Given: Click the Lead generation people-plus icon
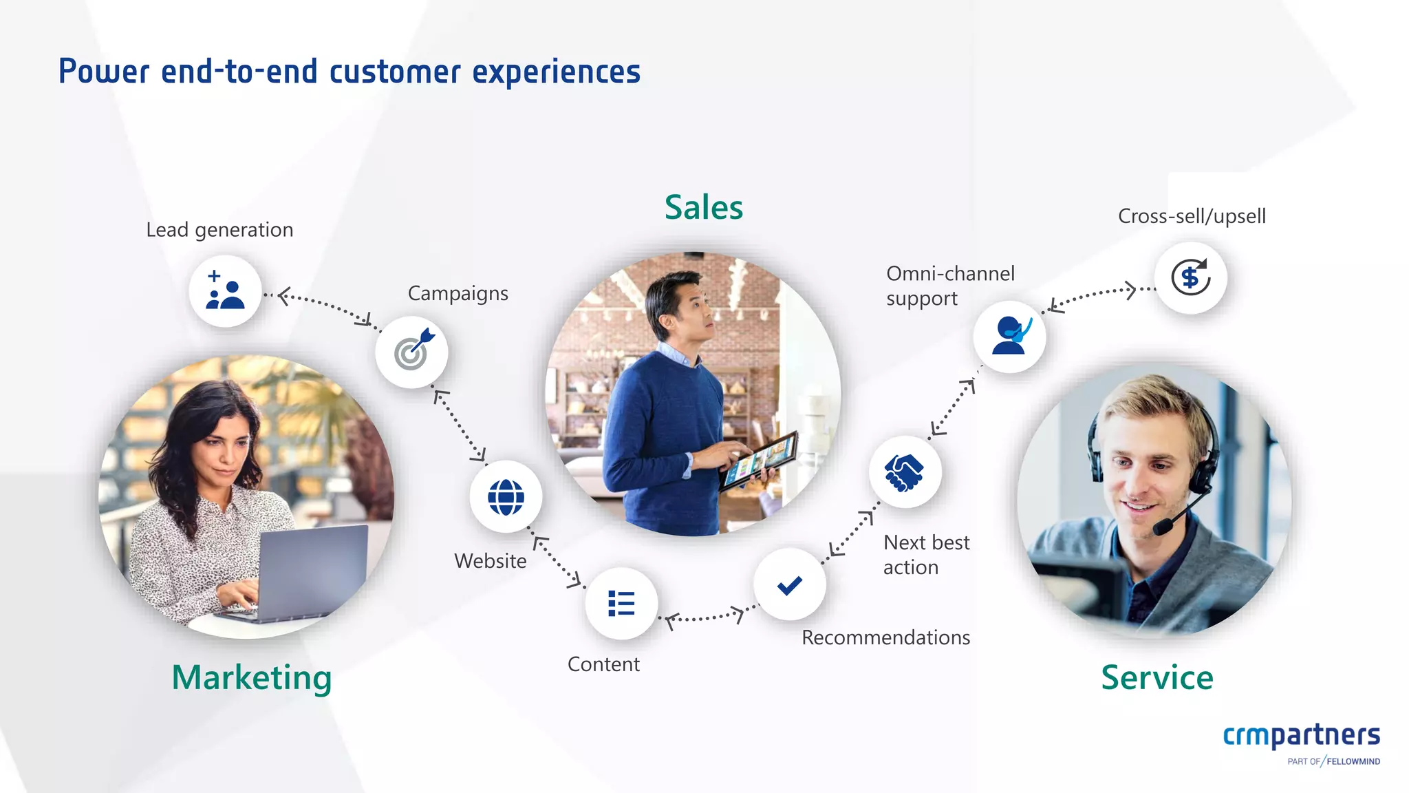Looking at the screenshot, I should pyautogui.click(x=225, y=290).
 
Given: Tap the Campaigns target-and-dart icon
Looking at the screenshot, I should pyautogui.click(x=411, y=352).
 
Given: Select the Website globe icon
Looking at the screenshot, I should pyautogui.click(x=506, y=496).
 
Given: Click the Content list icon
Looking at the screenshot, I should pyautogui.click(x=621, y=604).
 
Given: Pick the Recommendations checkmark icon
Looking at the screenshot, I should pyautogui.click(x=789, y=584).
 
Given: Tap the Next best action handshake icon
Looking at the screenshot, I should pyautogui.click(x=905, y=472).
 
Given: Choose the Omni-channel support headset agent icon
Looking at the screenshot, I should pyautogui.click(x=1009, y=337).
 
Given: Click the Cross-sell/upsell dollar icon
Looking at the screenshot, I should pyautogui.click(x=1190, y=277).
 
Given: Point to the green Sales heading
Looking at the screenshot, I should pyautogui.click(x=703, y=207).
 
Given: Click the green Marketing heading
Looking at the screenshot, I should pyautogui.click(x=252, y=677).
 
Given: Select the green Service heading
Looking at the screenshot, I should pyautogui.click(x=1157, y=677).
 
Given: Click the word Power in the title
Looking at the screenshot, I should pyautogui.click(x=103, y=72).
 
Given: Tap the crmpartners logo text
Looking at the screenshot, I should pyautogui.click(x=1301, y=735).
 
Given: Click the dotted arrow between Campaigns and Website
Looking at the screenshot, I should pyautogui.click(x=460, y=425).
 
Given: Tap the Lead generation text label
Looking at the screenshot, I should pyautogui.click(x=219, y=230).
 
